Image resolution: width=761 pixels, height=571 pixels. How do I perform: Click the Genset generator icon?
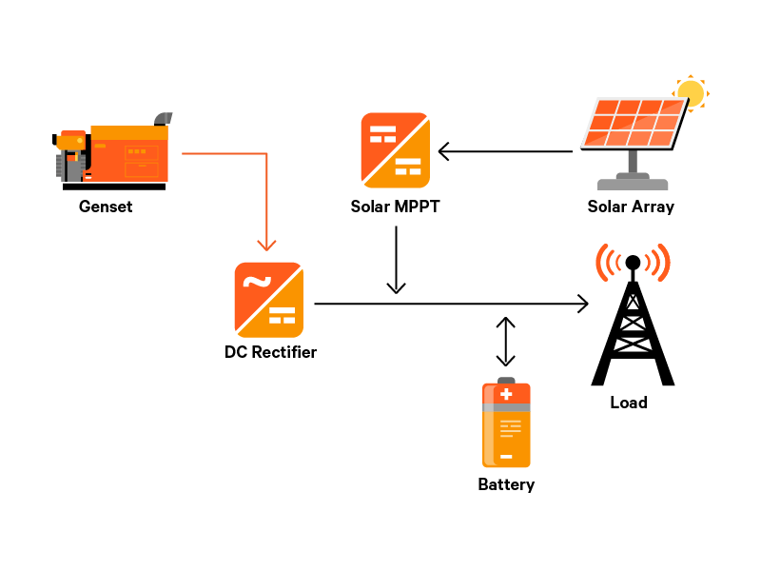click(111, 152)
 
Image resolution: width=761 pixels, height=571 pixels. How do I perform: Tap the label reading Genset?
click(106, 207)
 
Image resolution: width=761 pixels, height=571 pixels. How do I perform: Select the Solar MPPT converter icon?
click(395, 150)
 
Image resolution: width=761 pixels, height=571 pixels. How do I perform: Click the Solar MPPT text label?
click(395, 207)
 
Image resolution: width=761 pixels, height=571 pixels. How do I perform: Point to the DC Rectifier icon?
click(269, 299)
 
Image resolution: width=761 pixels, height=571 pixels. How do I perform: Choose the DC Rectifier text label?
click(270, 352)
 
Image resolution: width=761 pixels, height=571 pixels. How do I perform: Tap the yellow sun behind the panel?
click(691, 93)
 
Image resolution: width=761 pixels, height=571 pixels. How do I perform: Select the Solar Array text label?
click(631, 207)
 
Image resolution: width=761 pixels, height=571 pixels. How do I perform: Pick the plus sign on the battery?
click(506, 394)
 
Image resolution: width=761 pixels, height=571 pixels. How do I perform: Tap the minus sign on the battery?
click(506, 457)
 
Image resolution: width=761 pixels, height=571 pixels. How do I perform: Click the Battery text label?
click(506, 484)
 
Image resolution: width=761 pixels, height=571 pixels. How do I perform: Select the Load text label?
click(629, 403)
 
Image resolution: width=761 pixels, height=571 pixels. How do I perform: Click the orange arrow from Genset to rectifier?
click(267, 190)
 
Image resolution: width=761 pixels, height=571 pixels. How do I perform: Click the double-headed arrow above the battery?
click(506, 342)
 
